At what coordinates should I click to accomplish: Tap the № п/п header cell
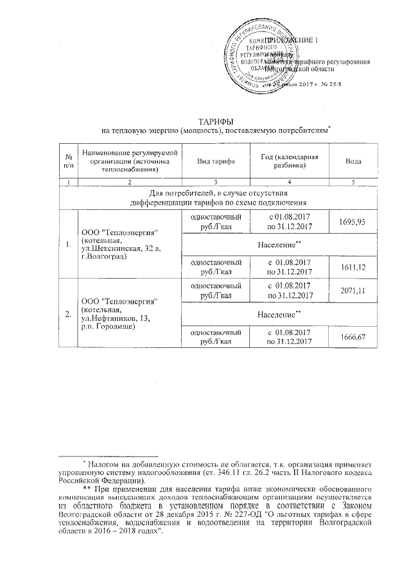(x=67, y=162)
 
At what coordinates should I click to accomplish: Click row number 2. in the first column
(x=67, y=313)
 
